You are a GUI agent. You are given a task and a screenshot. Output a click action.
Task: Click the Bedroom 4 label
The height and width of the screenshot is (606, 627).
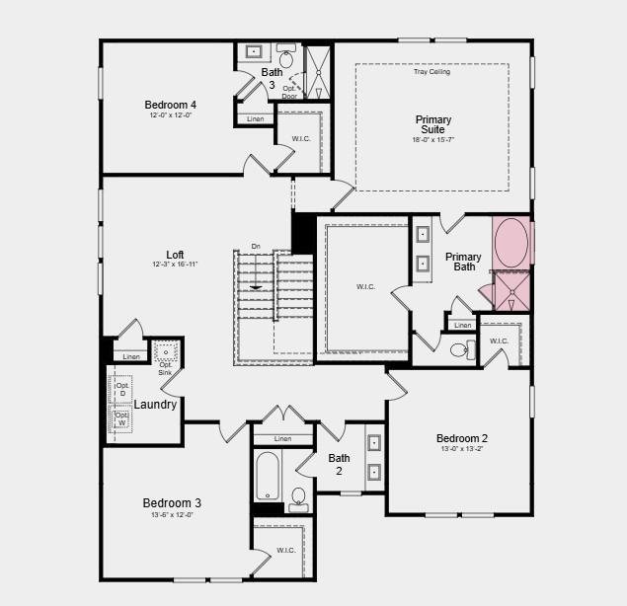click(x=170, y=105)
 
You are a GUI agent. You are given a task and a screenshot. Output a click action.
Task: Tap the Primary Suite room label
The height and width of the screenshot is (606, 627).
click(x=431, y=125)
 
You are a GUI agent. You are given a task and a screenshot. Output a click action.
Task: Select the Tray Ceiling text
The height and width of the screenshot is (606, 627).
click(x=431, y=72)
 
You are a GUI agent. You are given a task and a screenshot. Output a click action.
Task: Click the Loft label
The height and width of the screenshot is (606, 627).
click(x=175, y=254)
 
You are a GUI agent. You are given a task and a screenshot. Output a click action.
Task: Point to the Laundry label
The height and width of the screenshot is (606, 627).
click(x=155, y=405)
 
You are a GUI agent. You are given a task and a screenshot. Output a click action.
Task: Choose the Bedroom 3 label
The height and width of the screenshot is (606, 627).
click(x=172, y=503)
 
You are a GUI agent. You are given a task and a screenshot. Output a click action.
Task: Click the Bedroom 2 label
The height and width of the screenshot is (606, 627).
click(x=461, y=438)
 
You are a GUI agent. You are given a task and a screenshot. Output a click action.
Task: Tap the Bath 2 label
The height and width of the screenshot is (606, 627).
click(x=339, y=464)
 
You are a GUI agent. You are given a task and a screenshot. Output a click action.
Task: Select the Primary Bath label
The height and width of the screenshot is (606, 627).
click(x=464, y=262)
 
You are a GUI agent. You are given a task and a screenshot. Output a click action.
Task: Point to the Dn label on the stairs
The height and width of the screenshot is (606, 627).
click(x=256, y=246)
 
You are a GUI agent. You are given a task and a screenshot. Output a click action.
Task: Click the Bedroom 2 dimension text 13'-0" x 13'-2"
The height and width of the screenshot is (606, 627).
click(x=461, y=450)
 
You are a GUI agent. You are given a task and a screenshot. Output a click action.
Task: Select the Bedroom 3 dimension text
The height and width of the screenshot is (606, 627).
click(x=172, y=515)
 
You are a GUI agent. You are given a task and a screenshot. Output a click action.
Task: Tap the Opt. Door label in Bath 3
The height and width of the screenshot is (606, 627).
click(x=289, y=92)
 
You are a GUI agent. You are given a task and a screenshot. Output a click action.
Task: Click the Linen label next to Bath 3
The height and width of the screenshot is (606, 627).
click(x=255, y=119)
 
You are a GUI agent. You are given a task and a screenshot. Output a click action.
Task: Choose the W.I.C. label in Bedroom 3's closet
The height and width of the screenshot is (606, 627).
click(x=285, y=550)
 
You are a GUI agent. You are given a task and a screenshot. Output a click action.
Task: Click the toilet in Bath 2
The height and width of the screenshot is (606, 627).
click(x=298, y=497)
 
